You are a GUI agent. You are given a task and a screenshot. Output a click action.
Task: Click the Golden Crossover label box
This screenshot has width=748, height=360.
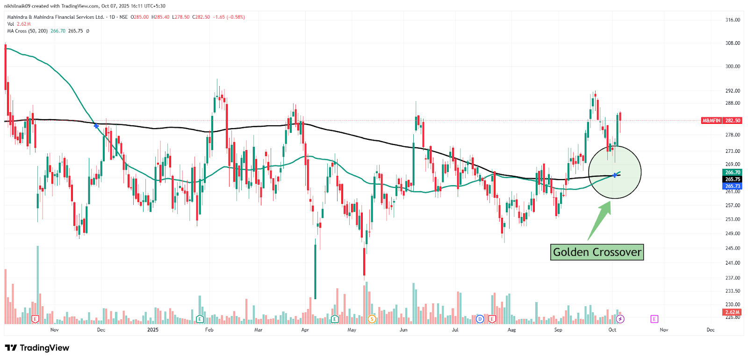pos(597,252)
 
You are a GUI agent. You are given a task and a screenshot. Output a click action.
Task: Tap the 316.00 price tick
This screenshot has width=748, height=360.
pos(733,20)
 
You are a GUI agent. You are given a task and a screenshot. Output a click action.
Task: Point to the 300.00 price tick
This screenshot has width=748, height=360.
pos(733,66)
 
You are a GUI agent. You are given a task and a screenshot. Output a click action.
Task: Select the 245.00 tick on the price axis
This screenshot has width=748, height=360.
pos(733,248)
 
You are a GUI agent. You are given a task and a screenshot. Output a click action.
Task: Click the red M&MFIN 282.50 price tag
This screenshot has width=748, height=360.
pos(721,121)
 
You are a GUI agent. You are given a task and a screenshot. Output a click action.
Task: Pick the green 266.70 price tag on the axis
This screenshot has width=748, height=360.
pos(733,173)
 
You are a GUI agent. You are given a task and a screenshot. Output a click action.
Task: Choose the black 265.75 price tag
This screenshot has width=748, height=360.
pos(733,179)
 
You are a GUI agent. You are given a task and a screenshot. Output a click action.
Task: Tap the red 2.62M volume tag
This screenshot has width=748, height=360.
pos(732,312)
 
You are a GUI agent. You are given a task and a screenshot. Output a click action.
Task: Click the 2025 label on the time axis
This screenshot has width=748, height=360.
pos(153,330)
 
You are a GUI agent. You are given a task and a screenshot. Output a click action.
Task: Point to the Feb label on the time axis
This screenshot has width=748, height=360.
pos(209,330)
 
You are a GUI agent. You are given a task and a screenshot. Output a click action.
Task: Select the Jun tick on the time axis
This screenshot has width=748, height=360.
pos(403,330)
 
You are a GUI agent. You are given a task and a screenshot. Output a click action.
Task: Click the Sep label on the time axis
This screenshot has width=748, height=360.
pos(558,330)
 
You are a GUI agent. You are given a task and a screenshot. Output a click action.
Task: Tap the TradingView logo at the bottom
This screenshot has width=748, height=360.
pos(37,348)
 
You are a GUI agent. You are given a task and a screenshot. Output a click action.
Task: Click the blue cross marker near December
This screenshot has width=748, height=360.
pos(96,126)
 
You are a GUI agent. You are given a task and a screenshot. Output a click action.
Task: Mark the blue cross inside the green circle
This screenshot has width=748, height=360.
pos(615,175)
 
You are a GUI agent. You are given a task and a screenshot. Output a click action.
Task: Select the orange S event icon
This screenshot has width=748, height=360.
pos(372,319)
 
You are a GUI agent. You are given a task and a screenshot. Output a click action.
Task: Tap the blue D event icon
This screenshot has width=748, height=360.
pos(480,319)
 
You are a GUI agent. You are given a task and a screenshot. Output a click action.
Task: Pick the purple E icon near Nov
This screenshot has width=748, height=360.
pos(654,319)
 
